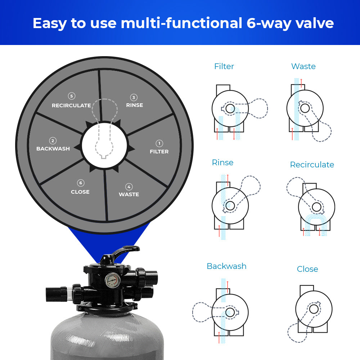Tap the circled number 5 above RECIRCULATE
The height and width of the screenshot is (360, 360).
(x=72, y=96)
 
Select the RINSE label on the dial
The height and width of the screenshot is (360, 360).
(x=135, y=105)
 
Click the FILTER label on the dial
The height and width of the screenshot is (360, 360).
(x=159, y=152)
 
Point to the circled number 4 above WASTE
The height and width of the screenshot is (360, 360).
(x=129, y=186)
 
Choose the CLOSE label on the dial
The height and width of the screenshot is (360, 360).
(x=80, y=192)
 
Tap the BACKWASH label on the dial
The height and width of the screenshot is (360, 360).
(x=53, y=149)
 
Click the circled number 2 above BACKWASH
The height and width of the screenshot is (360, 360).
(x=53, y=141)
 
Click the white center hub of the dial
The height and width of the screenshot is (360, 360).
(x=104, y=145)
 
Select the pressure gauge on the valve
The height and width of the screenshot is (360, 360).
(x=112, y=280)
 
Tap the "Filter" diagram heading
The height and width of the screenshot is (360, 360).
(x=224, y=66)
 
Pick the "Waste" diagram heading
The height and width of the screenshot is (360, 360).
(x=303, y=66)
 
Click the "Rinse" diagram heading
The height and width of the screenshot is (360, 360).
(x=222, y=163)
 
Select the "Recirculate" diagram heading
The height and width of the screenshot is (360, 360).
(x=312, y=165)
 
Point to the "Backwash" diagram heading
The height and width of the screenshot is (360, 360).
(x=226, y=266)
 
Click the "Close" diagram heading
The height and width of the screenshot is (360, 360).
(x=307, y=269)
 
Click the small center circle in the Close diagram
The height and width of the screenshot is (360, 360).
(x=314, y=309)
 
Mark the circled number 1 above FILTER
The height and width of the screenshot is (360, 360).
(x=159, y=144)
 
